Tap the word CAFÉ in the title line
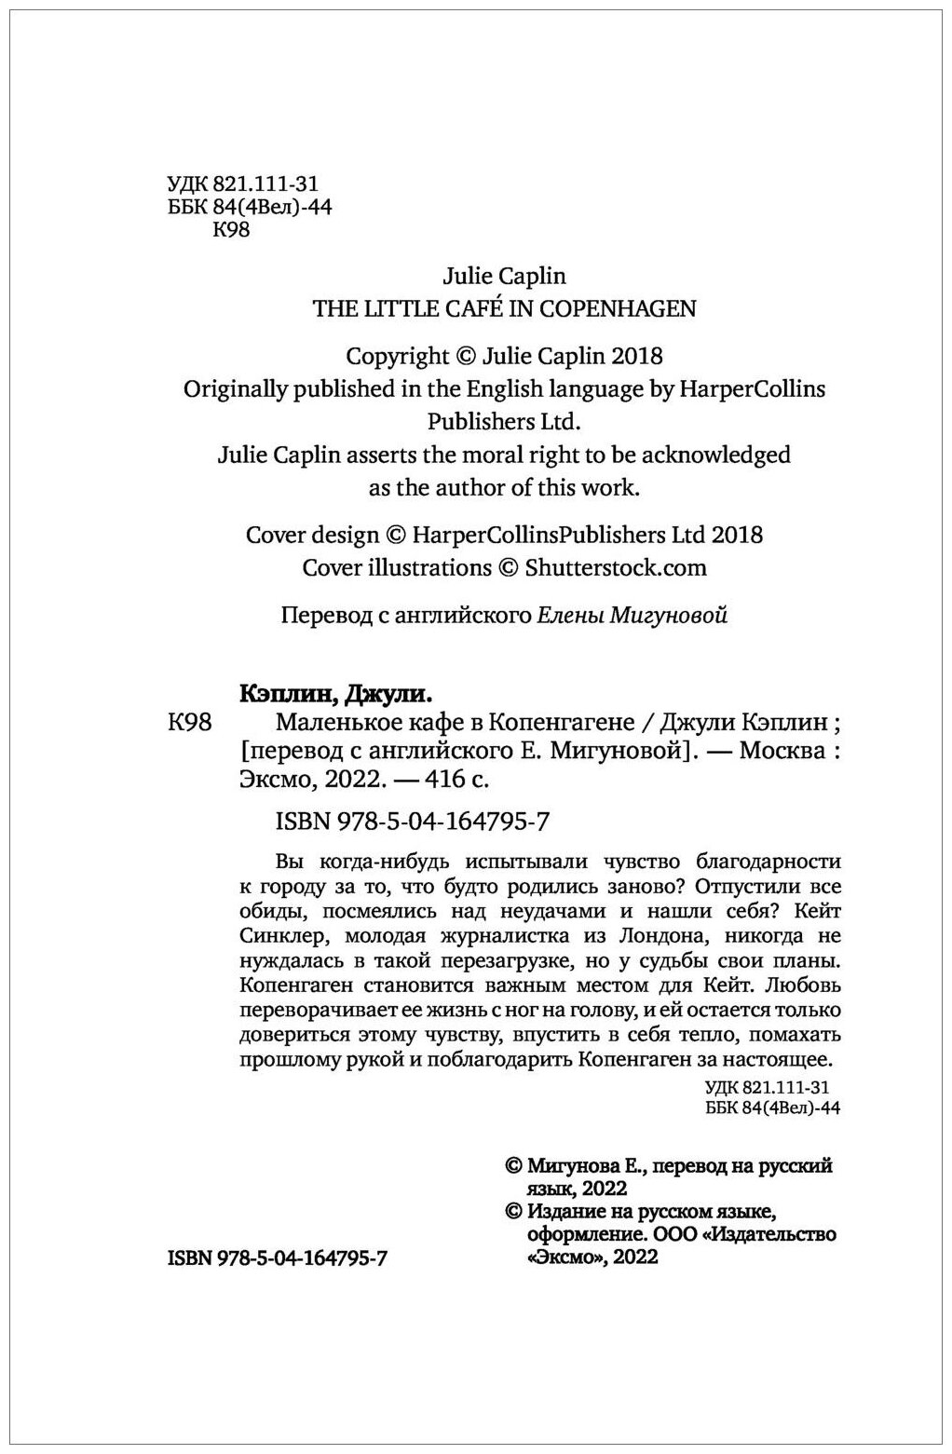click(x=459, y=308)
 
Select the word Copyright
click(x=398, y=356)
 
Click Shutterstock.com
click(x=616, y=567)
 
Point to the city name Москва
click(x=782, y=750)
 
